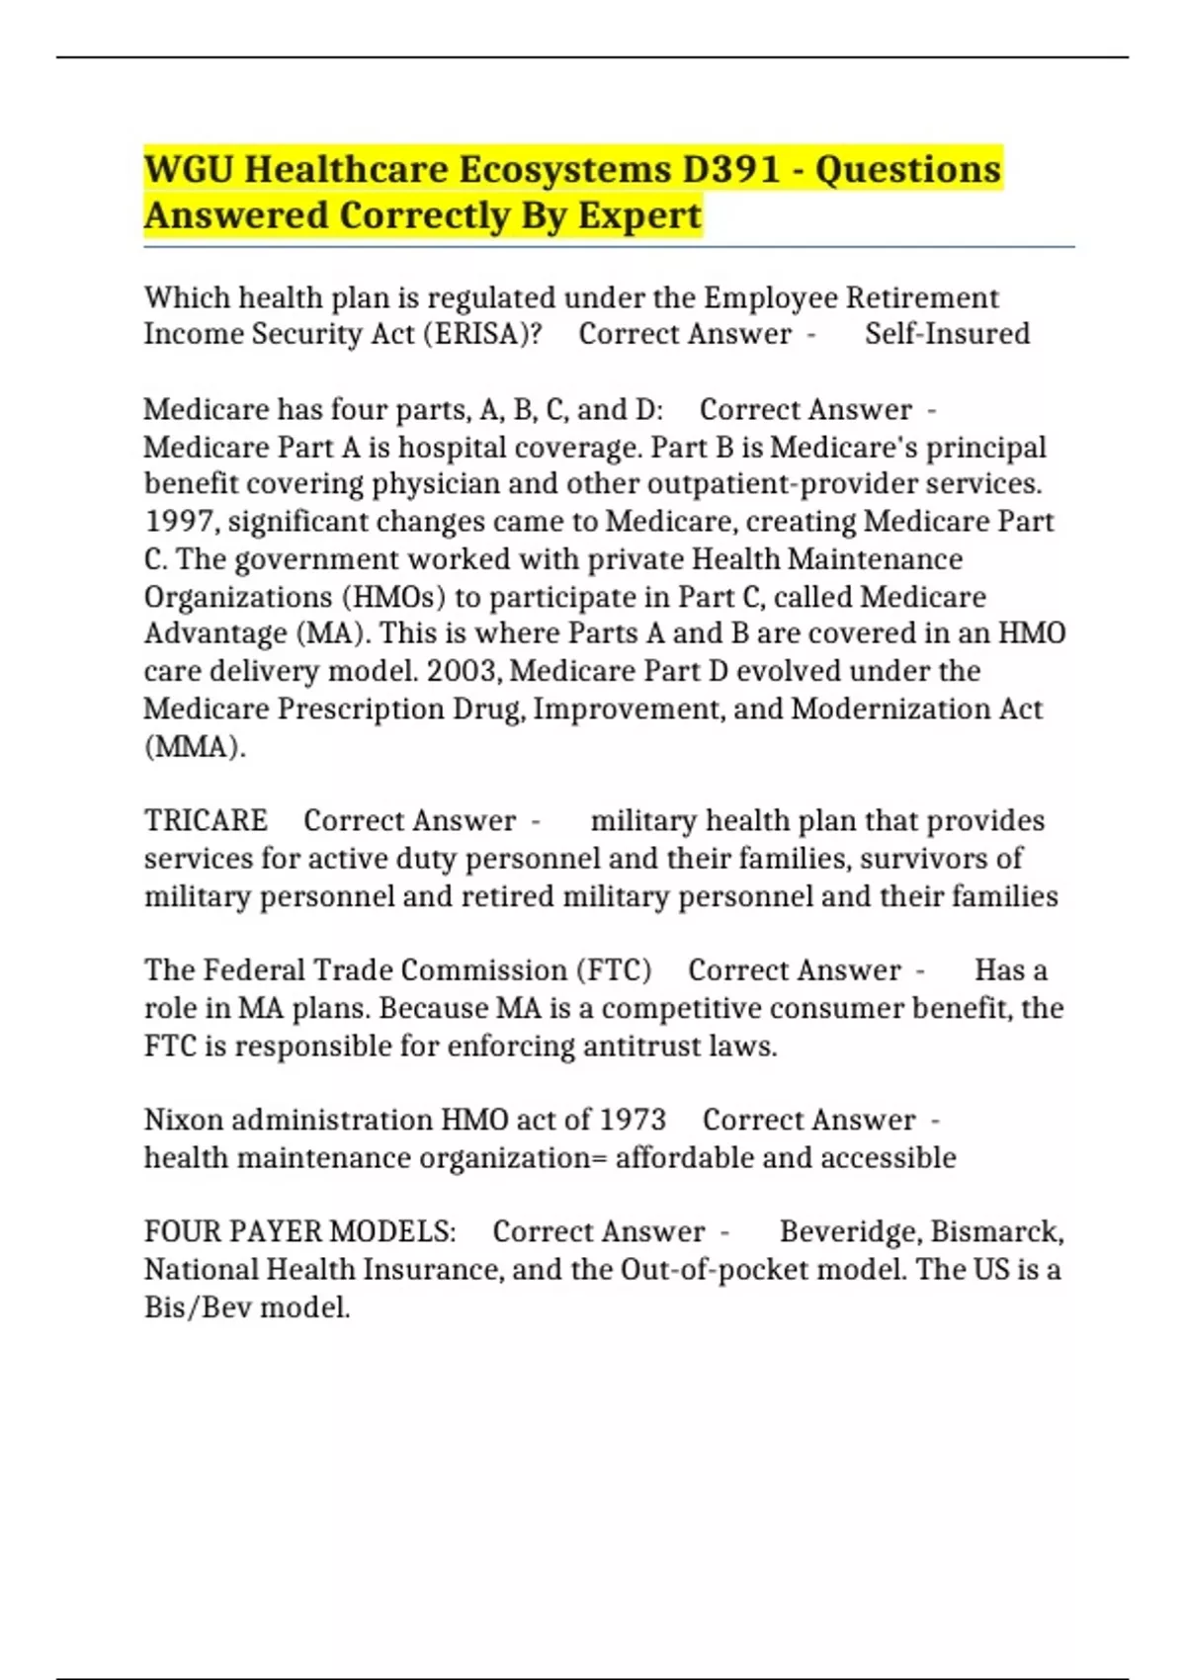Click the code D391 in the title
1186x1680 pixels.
tap(731, 169)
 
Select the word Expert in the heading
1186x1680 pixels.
tap(639, 215)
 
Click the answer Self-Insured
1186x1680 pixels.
tap(947, 334)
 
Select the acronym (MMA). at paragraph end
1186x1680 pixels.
tap(195, 746)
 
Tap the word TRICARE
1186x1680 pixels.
tap(206, 821)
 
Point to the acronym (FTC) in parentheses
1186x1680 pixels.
tap(614, 970)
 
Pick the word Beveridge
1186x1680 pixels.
tap(849, 1231)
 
